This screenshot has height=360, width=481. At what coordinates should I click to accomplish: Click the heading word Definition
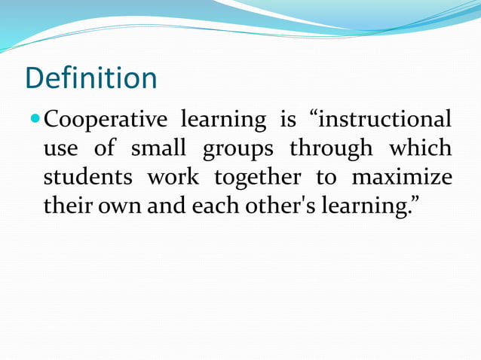point(90,78)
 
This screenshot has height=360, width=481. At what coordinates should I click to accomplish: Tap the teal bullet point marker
point(35,119)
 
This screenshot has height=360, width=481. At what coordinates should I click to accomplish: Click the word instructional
point(384,120)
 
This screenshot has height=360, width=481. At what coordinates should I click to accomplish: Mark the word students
point(87,178)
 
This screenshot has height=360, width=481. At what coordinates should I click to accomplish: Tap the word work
point(173,178)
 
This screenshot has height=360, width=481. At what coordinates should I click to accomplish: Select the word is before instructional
point(288,120)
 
